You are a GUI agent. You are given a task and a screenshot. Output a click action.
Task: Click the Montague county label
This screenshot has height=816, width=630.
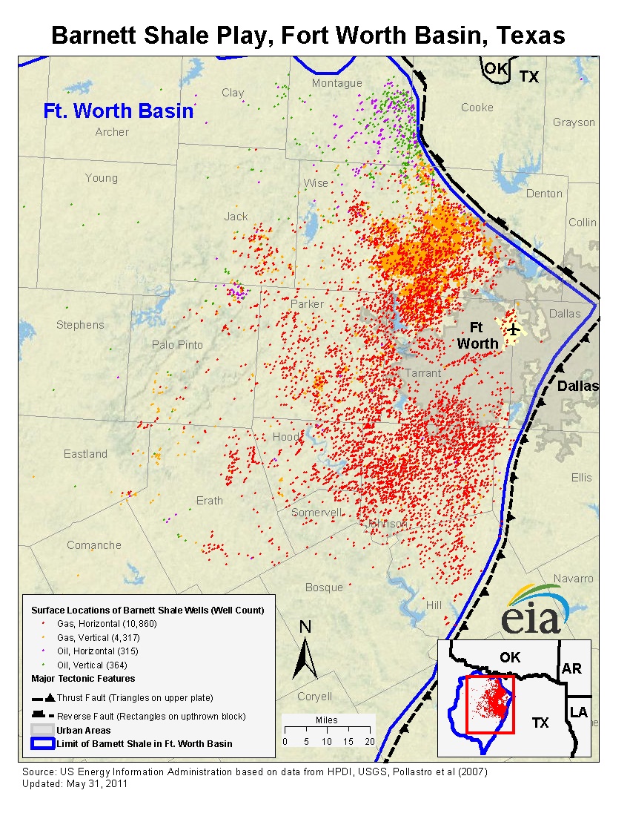336,84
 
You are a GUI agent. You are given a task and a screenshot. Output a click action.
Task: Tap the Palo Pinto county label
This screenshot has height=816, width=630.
177,345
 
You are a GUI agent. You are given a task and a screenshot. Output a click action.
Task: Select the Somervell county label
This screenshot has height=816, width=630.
316,513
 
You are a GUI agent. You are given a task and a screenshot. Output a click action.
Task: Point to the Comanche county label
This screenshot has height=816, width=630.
94,545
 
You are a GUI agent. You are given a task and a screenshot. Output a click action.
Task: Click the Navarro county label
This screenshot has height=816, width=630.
574,579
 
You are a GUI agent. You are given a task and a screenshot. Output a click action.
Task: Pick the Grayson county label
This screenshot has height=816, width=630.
574,122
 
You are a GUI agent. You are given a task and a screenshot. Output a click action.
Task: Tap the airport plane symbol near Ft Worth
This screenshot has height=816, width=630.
512,329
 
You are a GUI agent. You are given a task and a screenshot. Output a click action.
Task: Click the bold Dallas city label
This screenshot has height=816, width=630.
577,386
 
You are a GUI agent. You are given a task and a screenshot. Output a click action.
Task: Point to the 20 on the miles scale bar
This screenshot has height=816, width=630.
370,742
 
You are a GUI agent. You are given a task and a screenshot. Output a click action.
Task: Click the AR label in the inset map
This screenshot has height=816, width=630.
571,668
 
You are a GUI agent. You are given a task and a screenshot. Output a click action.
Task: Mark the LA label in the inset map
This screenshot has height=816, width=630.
578,713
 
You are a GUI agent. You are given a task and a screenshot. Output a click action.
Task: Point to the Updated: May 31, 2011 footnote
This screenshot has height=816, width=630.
75,783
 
